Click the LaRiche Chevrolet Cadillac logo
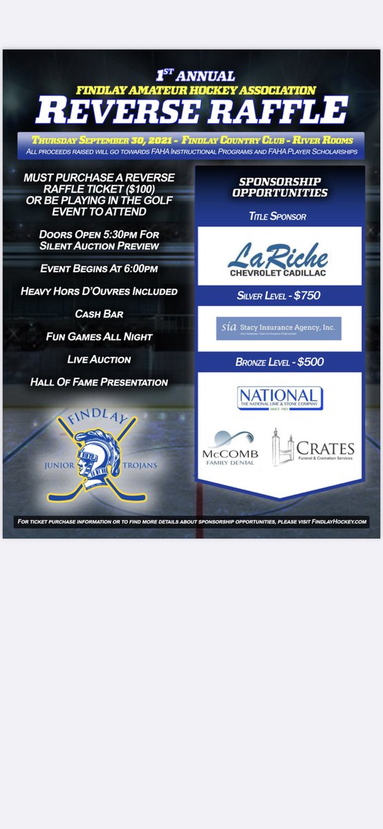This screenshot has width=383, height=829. coord(279,255)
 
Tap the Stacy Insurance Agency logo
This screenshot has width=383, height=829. coord(279,327)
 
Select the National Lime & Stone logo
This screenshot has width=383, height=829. coord(279,398)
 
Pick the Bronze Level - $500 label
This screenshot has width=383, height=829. coord(279,363)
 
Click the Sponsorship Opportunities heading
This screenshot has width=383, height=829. coord(279,187)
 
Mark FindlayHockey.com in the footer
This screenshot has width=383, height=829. coord(339,522)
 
